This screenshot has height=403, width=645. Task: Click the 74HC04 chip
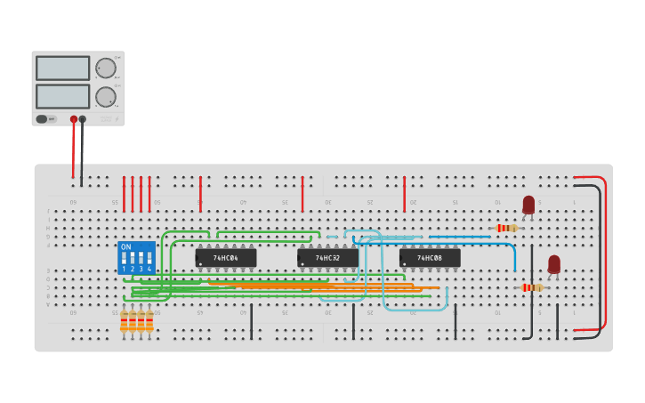point(226,258)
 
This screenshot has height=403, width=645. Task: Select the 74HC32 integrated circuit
point(327,258)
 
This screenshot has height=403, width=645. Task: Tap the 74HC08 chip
point(430,258)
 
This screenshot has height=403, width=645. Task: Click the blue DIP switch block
point(136,258)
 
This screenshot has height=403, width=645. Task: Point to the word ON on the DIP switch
point(125,246)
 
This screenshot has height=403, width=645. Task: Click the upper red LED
point(528,205)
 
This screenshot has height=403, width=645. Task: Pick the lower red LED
point(554,263)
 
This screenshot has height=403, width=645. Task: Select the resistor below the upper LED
point(506,228)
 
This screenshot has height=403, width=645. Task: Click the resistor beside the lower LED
point(532,287)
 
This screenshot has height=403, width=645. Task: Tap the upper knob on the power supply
point(106,69)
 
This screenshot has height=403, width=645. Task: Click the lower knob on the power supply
point(106,97)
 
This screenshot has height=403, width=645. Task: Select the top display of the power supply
point(62,69)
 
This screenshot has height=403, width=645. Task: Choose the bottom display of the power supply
point(62,96)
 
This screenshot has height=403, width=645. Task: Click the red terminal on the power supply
point(74,119)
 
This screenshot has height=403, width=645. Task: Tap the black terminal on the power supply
point(83,119)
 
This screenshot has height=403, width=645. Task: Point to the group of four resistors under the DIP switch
point(136,321)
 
